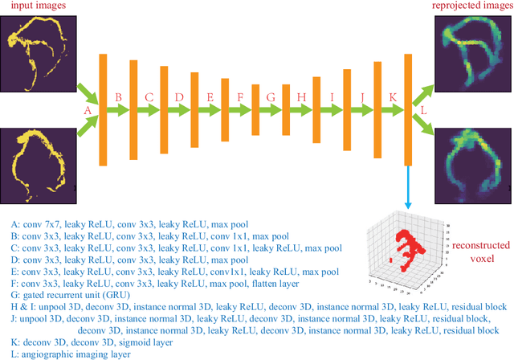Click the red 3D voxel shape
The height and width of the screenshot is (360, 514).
[401, 246]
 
